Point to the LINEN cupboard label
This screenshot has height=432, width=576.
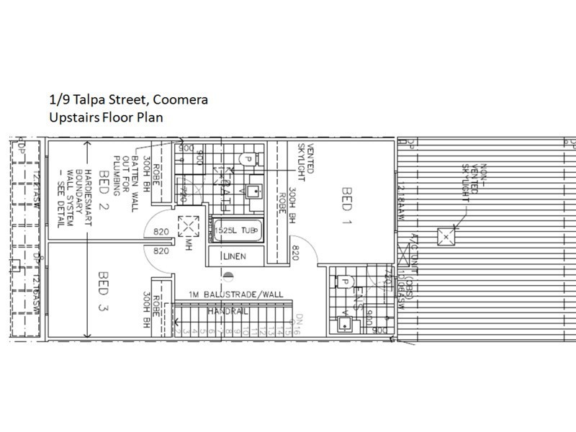(x=235, y=256)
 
